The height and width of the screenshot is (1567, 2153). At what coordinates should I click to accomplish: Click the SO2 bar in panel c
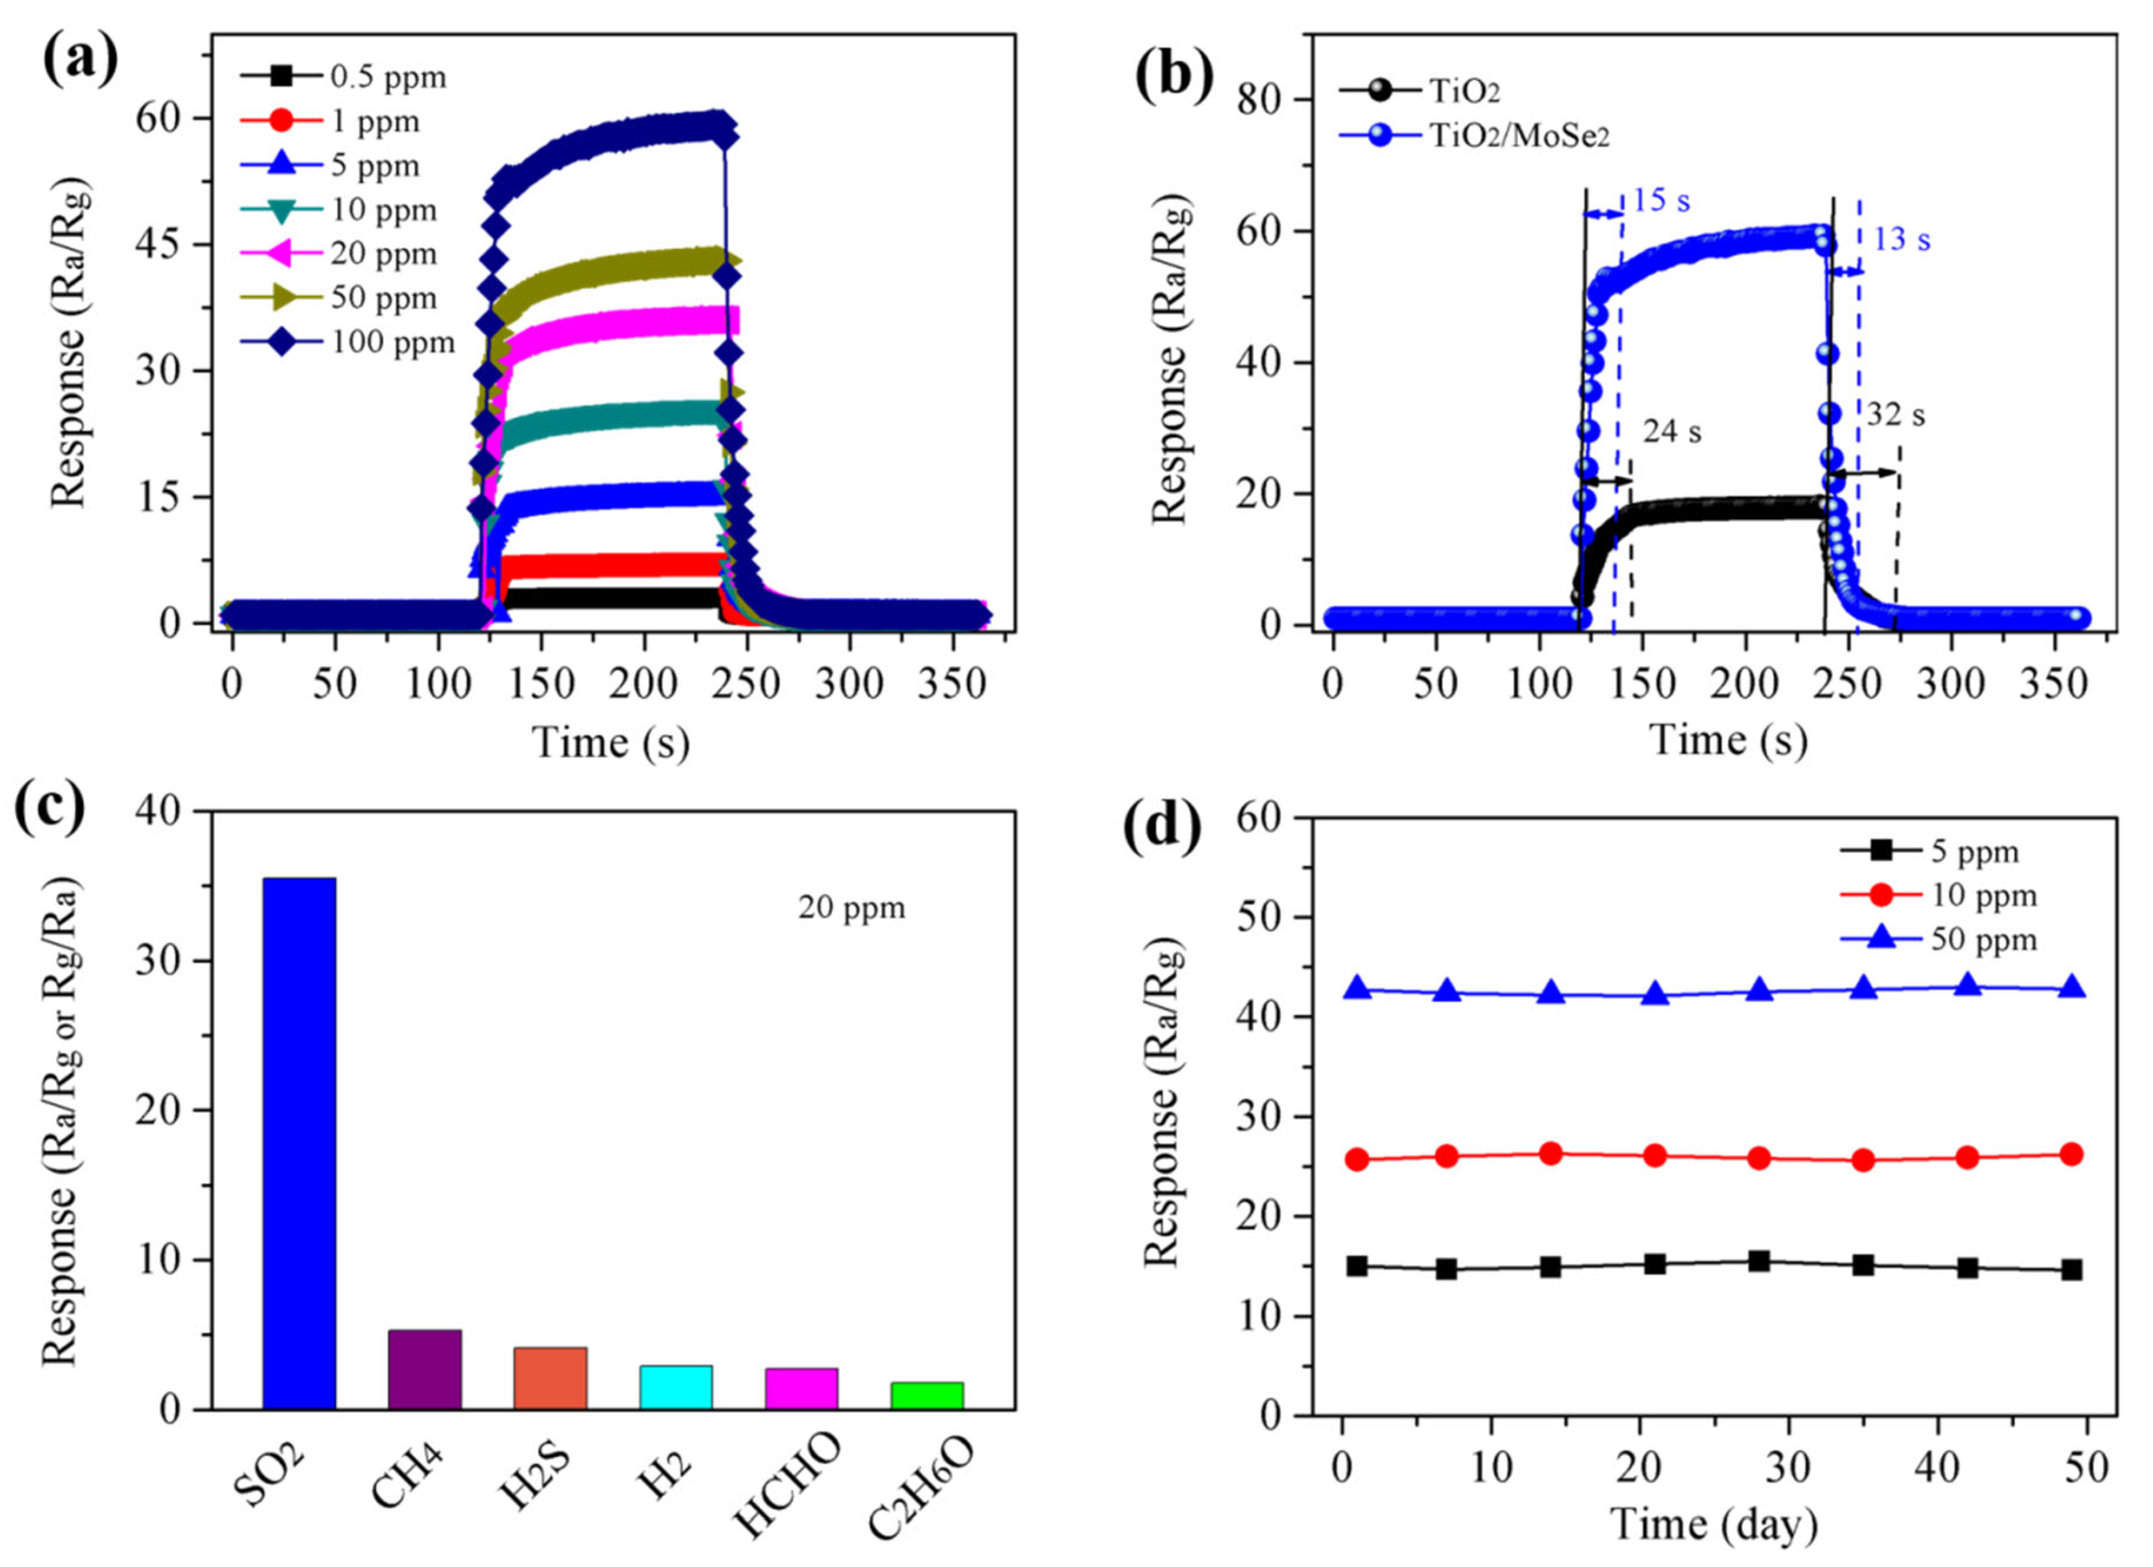click(x=299, y=1144)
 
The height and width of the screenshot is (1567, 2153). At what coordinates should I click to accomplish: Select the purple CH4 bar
click(x=425, y=1370)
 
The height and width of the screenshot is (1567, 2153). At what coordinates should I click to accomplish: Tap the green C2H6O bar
click(x=927, y=1395)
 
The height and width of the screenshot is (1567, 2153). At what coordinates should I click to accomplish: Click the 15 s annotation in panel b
click(x=1661, y=201)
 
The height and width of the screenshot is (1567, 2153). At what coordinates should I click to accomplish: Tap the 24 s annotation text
click(x=1673, y=432)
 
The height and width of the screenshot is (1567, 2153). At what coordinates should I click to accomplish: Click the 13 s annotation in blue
click(x=1901, y=239)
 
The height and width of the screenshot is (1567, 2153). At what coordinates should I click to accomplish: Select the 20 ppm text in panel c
click(x=852, y=908)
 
